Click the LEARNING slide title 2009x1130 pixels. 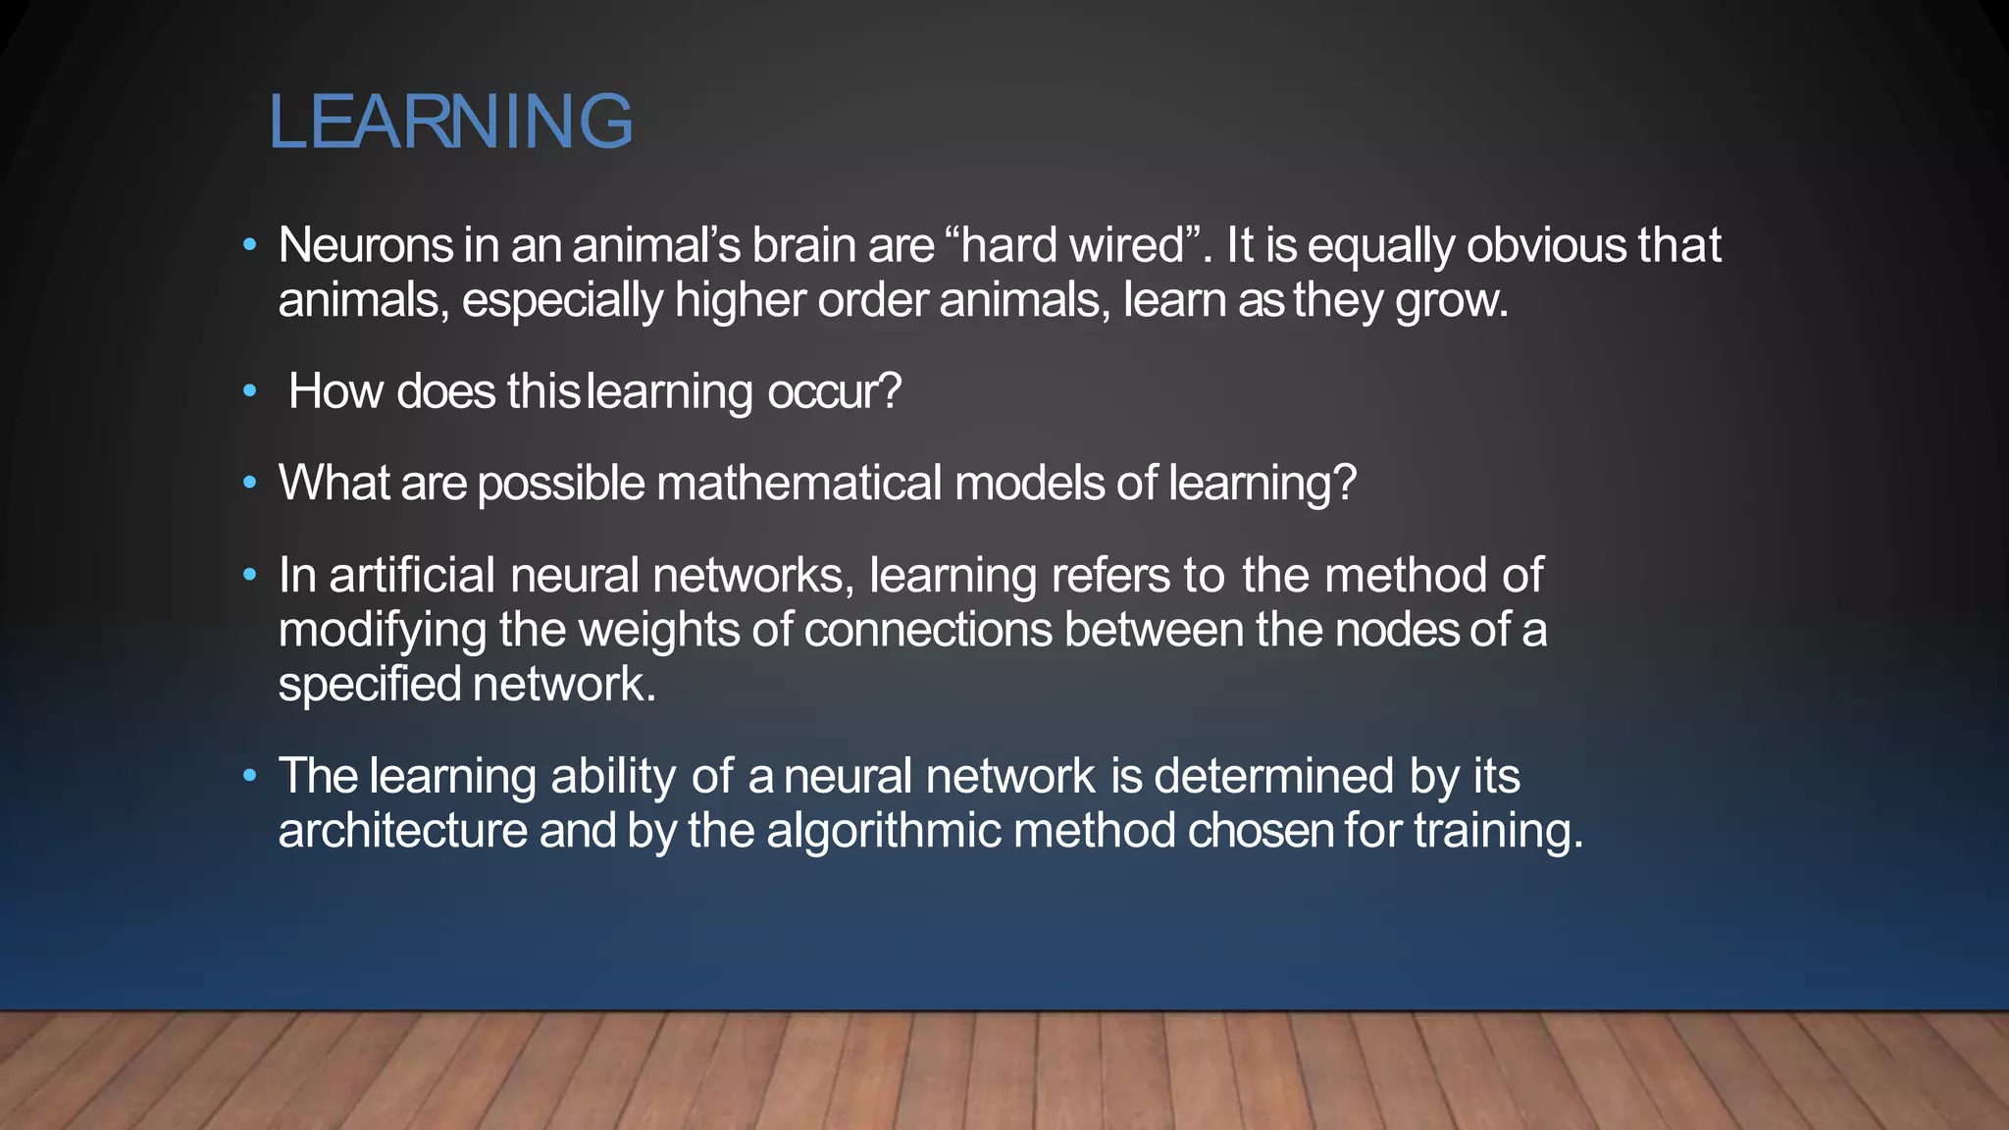(450, 122)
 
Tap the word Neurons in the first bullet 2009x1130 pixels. (365, 245)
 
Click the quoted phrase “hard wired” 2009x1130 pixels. (1074, 245)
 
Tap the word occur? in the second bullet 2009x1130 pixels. (834, 391)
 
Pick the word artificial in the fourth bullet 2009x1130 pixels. (412, 575)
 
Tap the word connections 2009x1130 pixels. (928, 630)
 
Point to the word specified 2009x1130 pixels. (369, 685)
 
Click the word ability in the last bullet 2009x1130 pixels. (613, 776)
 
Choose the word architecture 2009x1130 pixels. (402, 831)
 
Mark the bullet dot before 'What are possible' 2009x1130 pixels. (250, 483)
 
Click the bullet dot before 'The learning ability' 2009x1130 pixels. (250, 776)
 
